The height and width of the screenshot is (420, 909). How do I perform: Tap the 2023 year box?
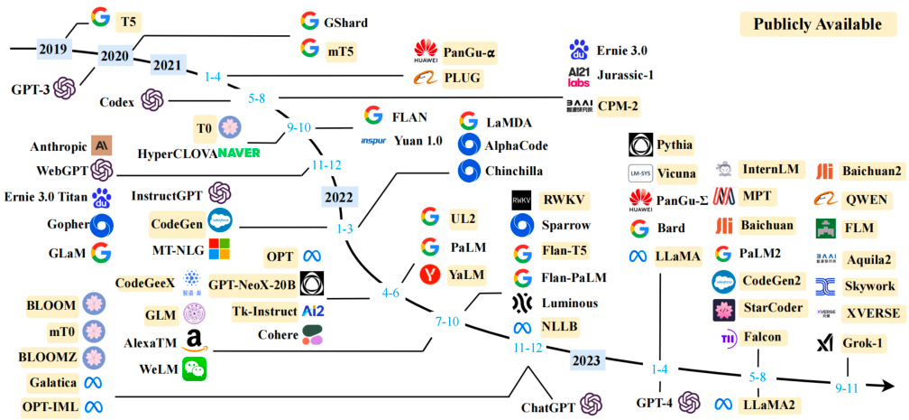pyautogui.click(x=588, y=360)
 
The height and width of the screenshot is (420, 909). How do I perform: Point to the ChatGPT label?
pyautogui.click(x=548, y=406)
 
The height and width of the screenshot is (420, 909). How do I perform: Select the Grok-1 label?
pyautogui.click(x=864, y=343)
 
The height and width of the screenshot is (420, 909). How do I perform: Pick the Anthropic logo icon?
pyautogui.click(x=103, y=145)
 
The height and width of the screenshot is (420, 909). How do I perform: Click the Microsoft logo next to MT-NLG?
pyautogui.click(x=219, y=248)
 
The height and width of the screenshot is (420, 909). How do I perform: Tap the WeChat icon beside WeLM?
pyautogui.click(x=195, y=368)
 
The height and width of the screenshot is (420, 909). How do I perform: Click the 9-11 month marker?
pyautogui.click(x=847, y=388)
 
